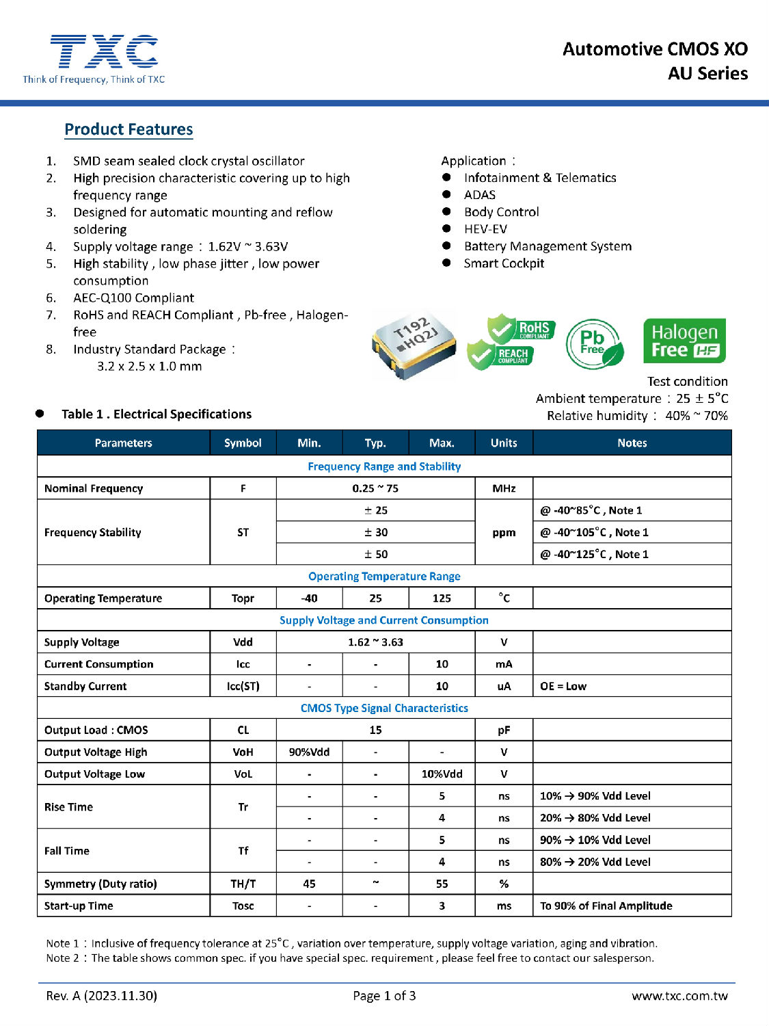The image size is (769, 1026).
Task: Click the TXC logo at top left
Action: [94, 59]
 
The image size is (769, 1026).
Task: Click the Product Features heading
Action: [129, 129]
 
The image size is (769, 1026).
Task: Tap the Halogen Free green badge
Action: [684, 341]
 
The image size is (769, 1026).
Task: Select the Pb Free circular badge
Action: [593, 343]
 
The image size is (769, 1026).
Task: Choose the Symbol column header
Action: [243, 443]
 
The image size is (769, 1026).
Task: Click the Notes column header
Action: [632, 443]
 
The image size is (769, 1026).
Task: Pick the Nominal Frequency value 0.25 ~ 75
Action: [375, 488]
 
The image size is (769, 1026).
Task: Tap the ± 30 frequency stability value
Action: [375, 532]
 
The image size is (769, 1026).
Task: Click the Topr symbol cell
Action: [243, 598]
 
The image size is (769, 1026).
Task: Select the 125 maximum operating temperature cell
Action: [442, 598]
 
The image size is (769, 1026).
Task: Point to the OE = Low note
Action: [563, 686]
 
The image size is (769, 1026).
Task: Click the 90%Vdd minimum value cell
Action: [309, 752]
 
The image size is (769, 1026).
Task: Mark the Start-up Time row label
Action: [79, 906]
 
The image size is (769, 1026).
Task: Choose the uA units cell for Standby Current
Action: [504, 686]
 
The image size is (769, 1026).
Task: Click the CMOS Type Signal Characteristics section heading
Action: [384, 708]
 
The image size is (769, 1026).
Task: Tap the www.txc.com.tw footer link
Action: [679, 996]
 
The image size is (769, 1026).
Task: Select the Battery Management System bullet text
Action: [548, 246]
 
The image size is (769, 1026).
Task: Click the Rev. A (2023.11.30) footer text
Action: [101, 996]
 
